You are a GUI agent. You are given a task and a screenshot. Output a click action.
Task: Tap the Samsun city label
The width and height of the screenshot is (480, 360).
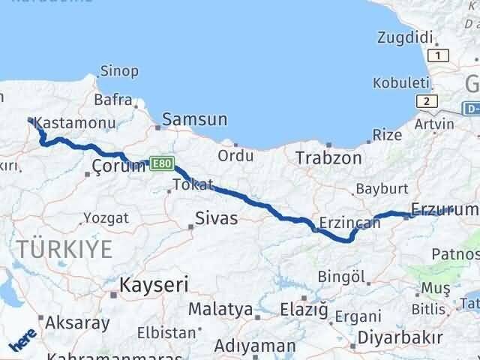click(x=194, y=118)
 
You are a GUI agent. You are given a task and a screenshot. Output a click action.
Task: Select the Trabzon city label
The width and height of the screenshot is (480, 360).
click(x=328, y=158)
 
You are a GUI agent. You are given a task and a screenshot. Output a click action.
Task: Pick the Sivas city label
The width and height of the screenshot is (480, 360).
click(x=216, y=218)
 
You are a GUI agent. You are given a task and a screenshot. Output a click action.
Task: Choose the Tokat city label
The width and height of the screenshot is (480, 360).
click(x=193, y=184)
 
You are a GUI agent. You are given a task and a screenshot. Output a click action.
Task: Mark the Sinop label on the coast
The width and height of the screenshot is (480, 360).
click(x=119, y=71)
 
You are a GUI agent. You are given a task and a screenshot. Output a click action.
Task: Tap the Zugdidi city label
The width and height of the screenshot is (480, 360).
click(x=406, y=37)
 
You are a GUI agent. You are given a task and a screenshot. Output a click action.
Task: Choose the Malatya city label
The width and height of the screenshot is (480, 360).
click(x=220, y=309)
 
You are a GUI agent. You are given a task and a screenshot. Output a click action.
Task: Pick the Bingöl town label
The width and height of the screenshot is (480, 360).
click(x=341, y=276)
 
